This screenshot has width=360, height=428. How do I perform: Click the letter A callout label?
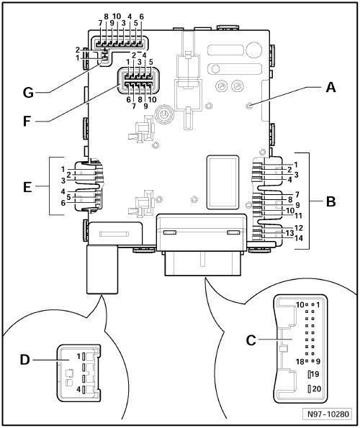[330, 88]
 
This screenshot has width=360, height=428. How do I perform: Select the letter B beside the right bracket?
[330, 201]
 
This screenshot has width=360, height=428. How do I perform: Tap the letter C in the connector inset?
[251, 340]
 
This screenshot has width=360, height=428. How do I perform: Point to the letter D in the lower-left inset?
[24, 360]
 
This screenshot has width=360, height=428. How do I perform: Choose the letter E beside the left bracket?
[27, 188]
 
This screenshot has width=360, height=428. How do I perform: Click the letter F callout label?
[27, 121]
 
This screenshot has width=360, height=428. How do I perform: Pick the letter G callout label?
[28, 93]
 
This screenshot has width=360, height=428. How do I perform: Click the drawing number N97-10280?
[328, 414]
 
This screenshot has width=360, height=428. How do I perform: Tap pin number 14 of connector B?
[299, 238]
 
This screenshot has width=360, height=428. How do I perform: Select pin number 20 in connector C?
[316, 388]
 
